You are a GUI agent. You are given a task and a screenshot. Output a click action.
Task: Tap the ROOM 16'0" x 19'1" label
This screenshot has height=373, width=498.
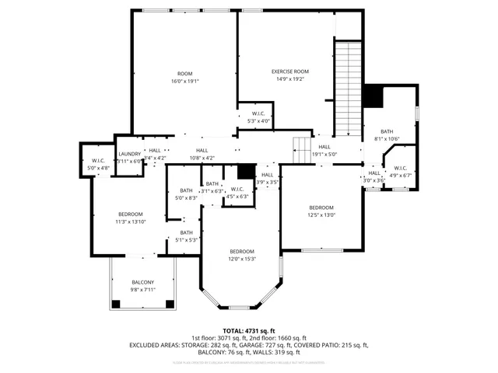point(184,73)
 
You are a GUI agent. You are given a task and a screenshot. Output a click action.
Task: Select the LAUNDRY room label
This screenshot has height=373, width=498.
point(129,154)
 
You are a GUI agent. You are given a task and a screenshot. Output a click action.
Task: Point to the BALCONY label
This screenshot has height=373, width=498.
point(142,282)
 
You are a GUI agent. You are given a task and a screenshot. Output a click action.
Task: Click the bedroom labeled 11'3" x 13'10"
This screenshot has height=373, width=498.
point(130,214)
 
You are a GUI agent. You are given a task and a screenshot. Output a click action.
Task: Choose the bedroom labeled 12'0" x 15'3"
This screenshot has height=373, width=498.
point(241,251)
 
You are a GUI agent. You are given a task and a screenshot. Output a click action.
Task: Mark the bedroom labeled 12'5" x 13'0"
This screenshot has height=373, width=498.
point(321,207)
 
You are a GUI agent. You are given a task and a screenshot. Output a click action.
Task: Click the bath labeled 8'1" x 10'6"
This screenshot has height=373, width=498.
point(387,131)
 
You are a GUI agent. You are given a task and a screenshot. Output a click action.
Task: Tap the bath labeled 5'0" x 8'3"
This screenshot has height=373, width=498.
point(186,190)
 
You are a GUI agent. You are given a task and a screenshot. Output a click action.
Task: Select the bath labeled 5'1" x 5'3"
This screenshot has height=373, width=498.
point(186,232)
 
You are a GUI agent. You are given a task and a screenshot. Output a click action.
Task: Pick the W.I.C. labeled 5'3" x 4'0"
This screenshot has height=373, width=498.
point(258,113)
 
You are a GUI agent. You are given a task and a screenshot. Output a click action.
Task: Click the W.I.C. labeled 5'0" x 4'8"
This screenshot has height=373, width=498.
point(98,161)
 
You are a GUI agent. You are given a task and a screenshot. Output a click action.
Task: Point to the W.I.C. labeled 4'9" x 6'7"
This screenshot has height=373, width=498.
point(401,168)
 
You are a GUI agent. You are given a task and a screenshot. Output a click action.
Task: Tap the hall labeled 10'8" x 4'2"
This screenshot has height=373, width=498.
point(202,150)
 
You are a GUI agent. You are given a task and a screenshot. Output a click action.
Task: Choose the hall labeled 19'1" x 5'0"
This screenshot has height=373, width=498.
point(324,146)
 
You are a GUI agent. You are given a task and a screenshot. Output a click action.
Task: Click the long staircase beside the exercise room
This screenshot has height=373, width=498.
point(349,85)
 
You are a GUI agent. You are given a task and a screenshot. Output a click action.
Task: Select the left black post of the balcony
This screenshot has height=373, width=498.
point(115,303)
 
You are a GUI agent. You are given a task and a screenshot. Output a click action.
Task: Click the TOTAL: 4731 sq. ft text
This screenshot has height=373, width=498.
point(249,330)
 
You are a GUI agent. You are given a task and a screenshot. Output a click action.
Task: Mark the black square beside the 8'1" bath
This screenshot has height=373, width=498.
point(375,96)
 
